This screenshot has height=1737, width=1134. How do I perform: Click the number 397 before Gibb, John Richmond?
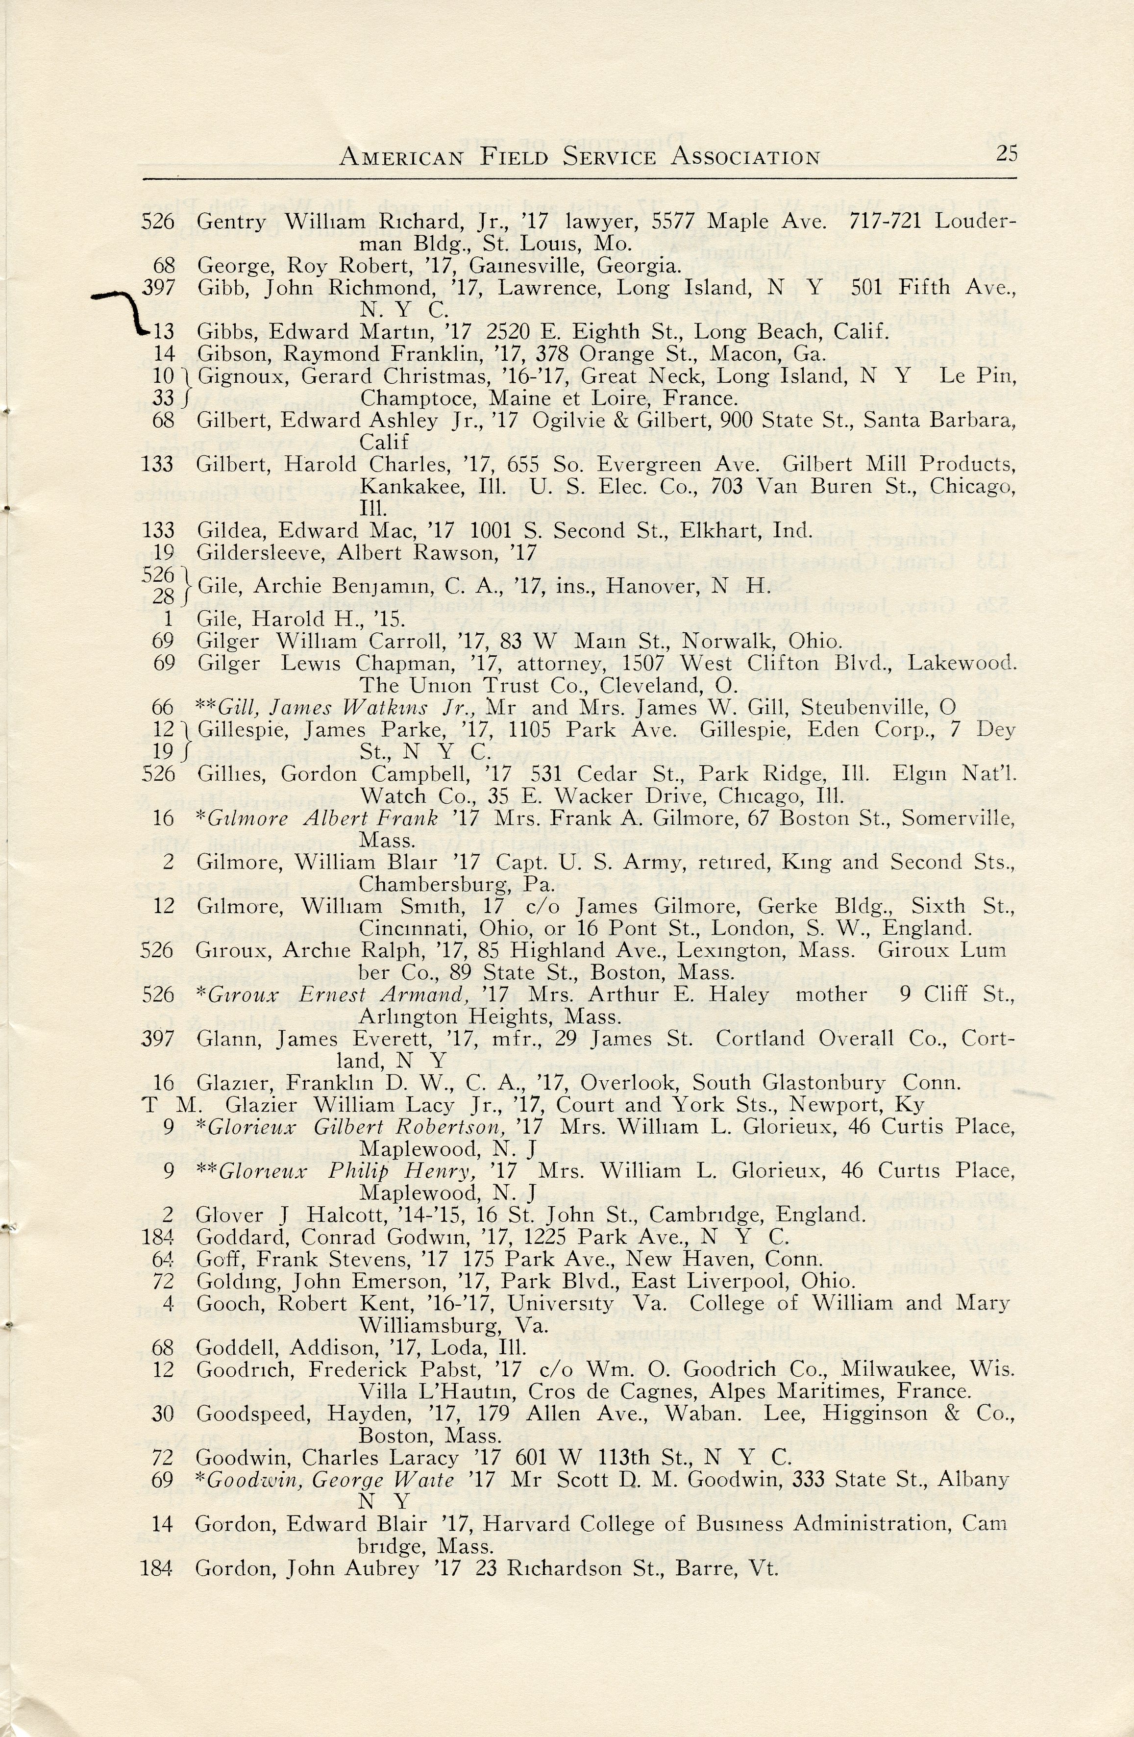(158, 288)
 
